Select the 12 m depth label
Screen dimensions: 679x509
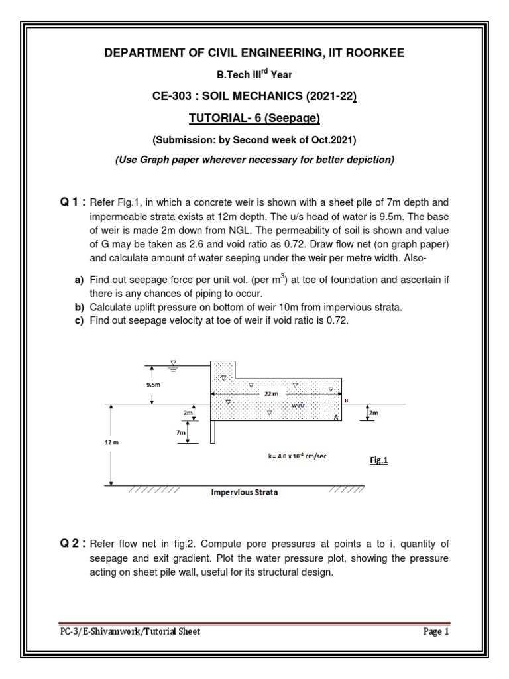click(x=111, y=442)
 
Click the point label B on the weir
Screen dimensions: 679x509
click(x=346, y=400)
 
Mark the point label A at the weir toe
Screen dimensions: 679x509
click(x=335, y=418)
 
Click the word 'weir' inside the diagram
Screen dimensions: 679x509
click(x=298, y=404)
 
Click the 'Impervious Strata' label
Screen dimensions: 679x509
click(x=245, y=493)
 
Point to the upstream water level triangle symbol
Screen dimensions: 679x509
click(x=173, y=363)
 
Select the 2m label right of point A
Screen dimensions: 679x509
click(x=373, y=413)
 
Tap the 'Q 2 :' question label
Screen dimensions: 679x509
click(x=72, y=542)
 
